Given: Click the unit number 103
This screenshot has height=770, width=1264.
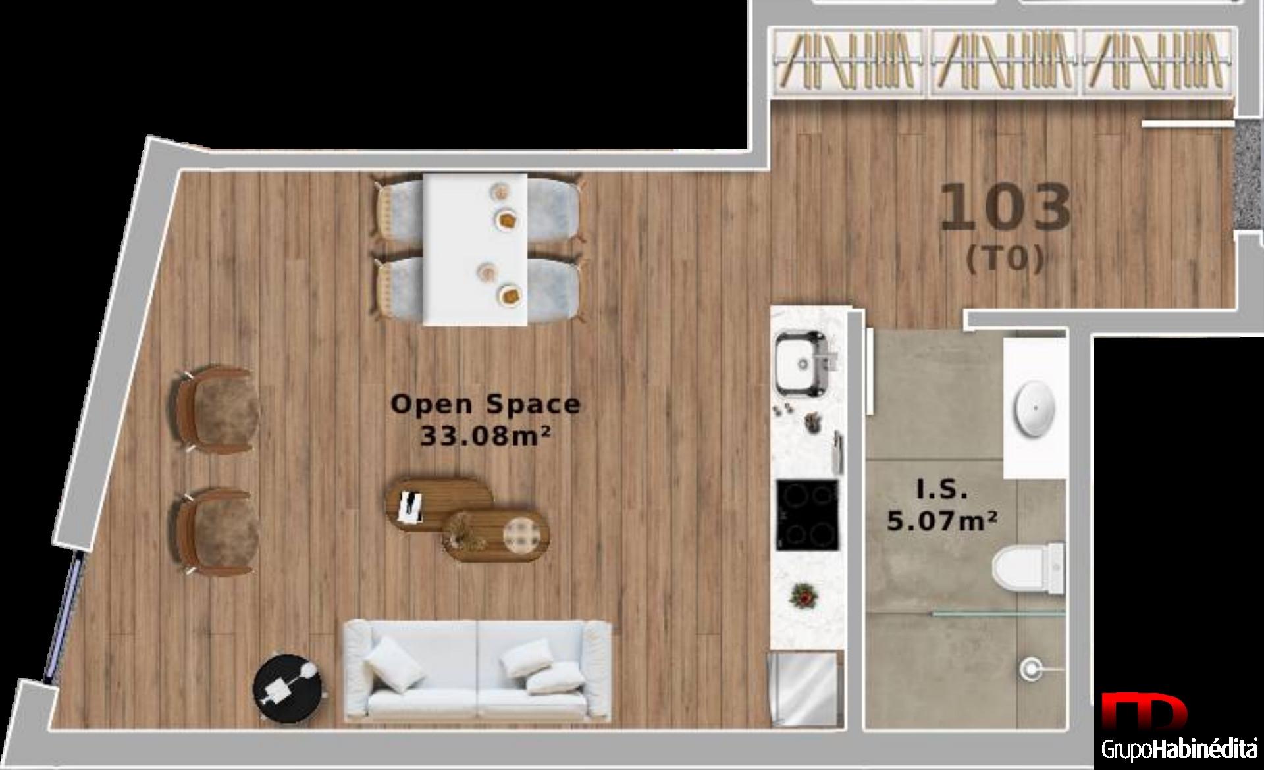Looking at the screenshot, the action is (x=1005, y=208).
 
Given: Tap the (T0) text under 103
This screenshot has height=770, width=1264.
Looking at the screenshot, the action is (x=1005, y=259).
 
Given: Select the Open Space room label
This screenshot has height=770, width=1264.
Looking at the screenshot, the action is (x=486, y=404).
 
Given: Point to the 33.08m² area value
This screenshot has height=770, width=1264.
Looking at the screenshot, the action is (x=485, y=435).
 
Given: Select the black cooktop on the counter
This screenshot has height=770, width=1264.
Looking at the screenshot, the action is (x=808, y=515).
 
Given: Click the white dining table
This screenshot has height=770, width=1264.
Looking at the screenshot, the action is (x=475, y=249).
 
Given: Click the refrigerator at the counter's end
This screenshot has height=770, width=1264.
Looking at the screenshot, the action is (x=806, y=688).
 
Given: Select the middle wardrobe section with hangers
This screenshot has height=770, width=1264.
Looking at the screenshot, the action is (x=1005, y=62).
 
